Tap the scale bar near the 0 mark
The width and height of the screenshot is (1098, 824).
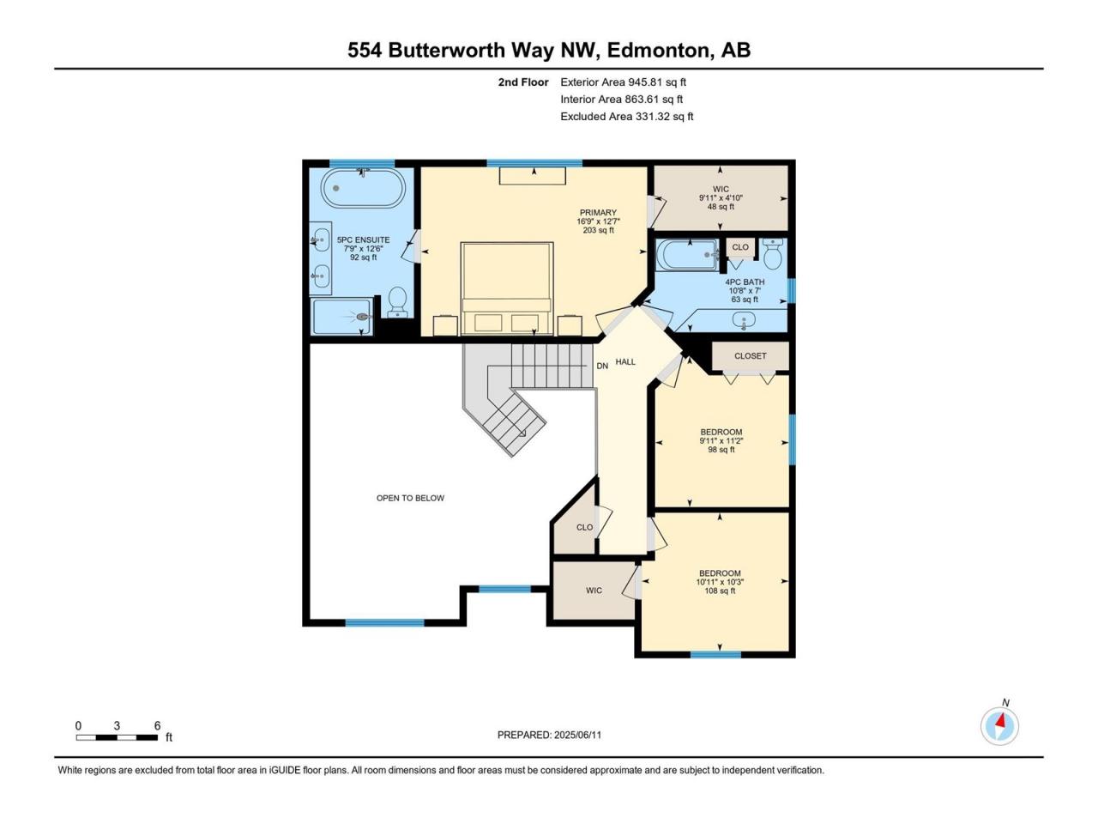tap(79, 737)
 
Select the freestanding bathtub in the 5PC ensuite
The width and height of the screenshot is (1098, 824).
tap(363, 188)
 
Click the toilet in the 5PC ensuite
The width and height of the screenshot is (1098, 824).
tap(398, 302)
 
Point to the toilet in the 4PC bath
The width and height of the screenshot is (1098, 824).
tap(774, 254)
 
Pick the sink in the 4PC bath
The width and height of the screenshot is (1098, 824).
tap(744, 319)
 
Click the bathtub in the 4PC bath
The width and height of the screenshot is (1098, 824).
tap(688, 255)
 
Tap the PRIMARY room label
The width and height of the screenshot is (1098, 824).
tap(598, 213)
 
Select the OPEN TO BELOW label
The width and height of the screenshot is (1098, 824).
tap(410, 498)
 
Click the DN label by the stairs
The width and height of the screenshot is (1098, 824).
tap(602, 366)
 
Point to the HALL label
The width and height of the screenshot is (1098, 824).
tap(625, 361)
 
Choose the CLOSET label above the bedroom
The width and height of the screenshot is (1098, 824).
tap(751, 355)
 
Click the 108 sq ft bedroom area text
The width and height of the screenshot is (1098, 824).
tap(720, 591)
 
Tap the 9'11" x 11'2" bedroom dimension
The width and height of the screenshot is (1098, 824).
tap(721, 441)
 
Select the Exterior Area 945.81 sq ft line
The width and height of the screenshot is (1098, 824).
tap(624, 82)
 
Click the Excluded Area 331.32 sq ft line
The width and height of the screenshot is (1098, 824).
tap(627, 117)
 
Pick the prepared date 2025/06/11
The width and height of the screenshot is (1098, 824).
tap(577, 735)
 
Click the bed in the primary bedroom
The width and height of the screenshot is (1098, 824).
tap(507, 288)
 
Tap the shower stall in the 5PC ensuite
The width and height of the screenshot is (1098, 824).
tap(341, 317)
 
